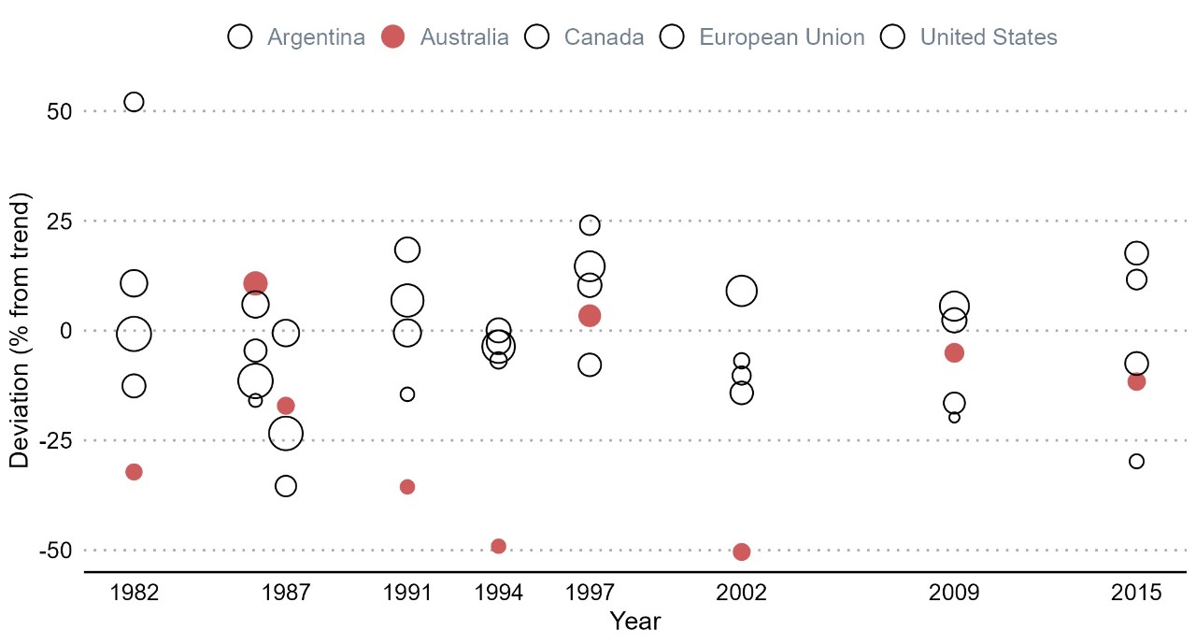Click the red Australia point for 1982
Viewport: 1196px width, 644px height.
point(134,472)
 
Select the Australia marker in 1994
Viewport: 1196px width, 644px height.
point(498,546)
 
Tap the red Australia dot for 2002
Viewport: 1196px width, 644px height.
point(742,551)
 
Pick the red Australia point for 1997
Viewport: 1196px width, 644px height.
point(590,316)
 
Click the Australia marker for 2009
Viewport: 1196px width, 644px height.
point(954,352)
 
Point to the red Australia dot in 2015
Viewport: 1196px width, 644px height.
point(1136,381)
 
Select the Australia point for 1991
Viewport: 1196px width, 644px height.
point(407,487)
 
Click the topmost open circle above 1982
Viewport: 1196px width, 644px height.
point(134,102)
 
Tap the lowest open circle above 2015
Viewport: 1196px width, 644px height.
point(1136,461)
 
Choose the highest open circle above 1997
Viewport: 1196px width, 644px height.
point(590,225)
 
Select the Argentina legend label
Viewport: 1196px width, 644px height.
point(316,37)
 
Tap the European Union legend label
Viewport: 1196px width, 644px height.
point(782,37)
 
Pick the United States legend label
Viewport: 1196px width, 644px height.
point(989,37)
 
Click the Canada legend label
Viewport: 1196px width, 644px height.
point(604,37)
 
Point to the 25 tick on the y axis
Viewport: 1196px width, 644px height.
point(60,222)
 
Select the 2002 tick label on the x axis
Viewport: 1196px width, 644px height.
point(742,594)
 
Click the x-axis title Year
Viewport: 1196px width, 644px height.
point(634,622)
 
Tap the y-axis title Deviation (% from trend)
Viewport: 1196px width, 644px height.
point(20,330)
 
